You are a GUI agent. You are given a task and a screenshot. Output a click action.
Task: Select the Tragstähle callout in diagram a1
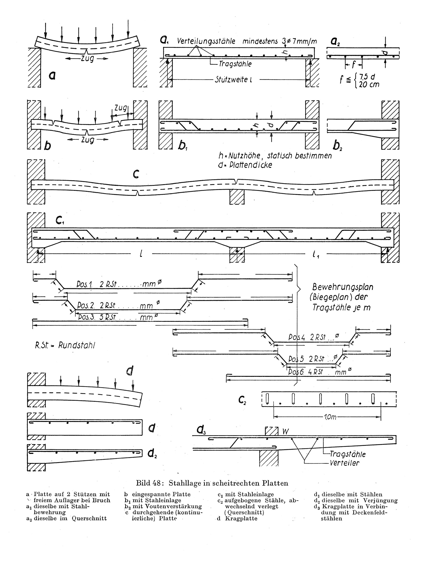point(235,64)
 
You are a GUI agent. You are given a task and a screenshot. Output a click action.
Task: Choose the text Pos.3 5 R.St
point(97,317)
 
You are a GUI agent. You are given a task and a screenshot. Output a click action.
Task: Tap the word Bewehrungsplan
point(343,287)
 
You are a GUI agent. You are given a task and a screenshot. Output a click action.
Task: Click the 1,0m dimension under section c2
point(330,417)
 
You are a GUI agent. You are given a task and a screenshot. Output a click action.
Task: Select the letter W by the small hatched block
point(285,431)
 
